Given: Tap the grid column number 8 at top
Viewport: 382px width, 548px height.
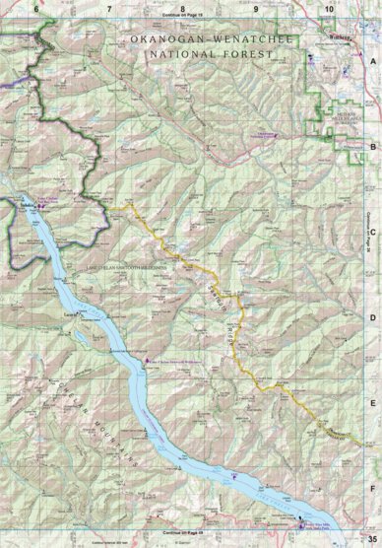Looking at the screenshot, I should [x=182, y=8].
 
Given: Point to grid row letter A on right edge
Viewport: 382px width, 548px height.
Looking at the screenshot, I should [x=373, y=62].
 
